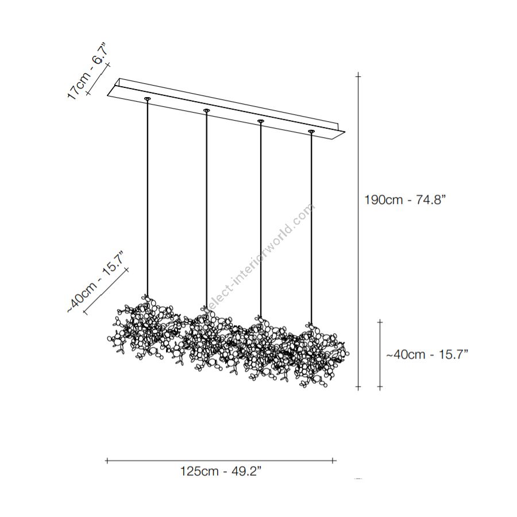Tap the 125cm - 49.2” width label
click(x=221, y=471)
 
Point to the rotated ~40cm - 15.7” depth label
click(x=95, y=282)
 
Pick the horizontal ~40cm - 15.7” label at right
click(x=427, y=354)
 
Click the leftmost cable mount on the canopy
click(x=147, y=98)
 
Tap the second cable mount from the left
click(x=206, y=110)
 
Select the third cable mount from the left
click(x=261, y=121)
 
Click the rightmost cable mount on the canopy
click(x=311, y=132)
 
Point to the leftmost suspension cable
click(x=147, y=198)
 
